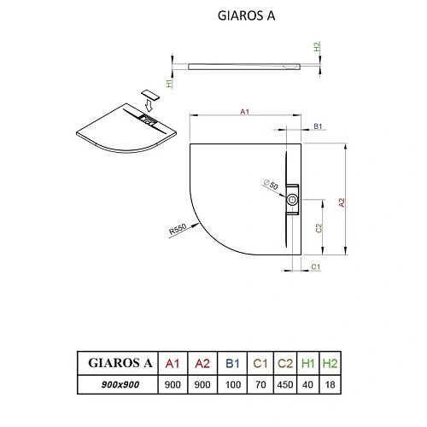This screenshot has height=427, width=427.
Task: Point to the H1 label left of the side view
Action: click(171, 84)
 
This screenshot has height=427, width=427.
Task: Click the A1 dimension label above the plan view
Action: click(244, 112)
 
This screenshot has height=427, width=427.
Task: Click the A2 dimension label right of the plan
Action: click(342, 202)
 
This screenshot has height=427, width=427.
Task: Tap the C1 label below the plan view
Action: click(315, 267)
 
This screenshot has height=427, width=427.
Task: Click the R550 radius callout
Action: click(178, 231)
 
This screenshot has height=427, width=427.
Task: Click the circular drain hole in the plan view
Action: click(293, 202)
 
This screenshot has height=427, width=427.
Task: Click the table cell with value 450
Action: click(287, 385)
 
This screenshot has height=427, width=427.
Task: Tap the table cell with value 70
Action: click(260, 385)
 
